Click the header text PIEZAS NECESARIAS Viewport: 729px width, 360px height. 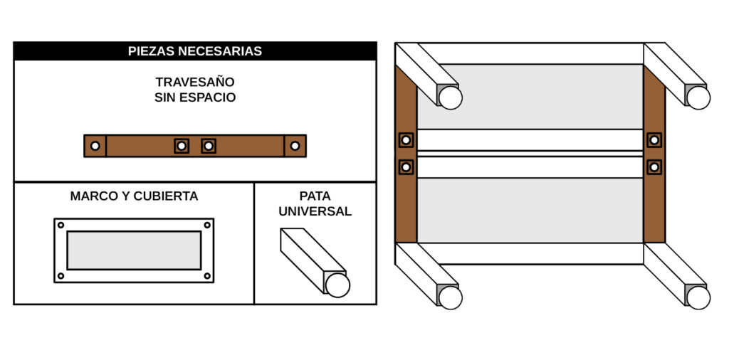click(x=194, y=51)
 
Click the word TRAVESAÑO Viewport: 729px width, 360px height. click(x=194, y=82)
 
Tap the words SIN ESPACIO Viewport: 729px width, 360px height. click(x=194, y=97)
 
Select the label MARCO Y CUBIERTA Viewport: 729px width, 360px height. click(x=134, y=196)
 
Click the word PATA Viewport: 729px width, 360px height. click(x=315, y=196)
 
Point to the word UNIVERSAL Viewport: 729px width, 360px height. click(x=315, y=211)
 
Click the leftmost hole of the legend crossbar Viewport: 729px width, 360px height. click(x=95, y=146)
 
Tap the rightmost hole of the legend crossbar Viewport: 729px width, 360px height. click(x=295, y=146)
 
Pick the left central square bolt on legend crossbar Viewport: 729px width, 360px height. click(x=182, y=146)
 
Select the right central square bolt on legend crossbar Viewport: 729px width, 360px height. click(x=208, y=146)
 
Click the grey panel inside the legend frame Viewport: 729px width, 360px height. click(x=134, y=250)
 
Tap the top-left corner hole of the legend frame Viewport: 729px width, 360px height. click(x=61, y=225)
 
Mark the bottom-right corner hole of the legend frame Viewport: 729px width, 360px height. click(x=207, y=275)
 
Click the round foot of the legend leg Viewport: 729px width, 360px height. click(x=337, y=285)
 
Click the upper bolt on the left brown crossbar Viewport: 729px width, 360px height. click(x=406, y=140)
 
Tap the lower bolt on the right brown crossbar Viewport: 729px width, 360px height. click(x=654, y=167)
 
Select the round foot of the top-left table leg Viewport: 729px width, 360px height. click(x=450, y=97)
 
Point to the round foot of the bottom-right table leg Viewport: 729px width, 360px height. click(x=698, y=297)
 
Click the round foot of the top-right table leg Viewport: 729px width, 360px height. click(x=698, y=97)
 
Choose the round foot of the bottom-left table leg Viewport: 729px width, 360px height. click(x=450, y=297)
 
